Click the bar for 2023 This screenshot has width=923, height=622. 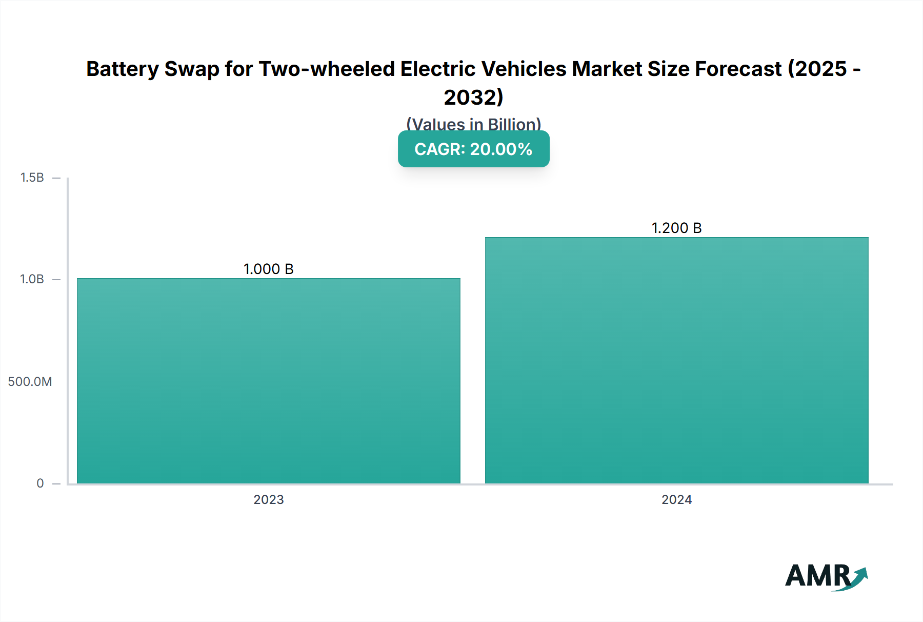[269, 381]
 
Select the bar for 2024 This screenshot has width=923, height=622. [676, 360]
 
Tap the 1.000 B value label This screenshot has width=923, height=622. [268, 269]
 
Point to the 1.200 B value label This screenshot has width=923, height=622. [676, 228]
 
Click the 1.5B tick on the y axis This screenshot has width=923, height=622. [32, 178]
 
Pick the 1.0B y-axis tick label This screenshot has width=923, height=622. [32, 279]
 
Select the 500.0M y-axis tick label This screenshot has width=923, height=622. [30, 381]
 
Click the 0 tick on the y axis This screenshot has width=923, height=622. [40, 483]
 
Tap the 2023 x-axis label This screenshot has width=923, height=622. [268, 499]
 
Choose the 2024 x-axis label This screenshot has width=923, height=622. [676, 499]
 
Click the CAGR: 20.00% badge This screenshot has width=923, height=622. [473, 149]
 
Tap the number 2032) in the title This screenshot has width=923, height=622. [473, 98]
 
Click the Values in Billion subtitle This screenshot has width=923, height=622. [473, 124]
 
